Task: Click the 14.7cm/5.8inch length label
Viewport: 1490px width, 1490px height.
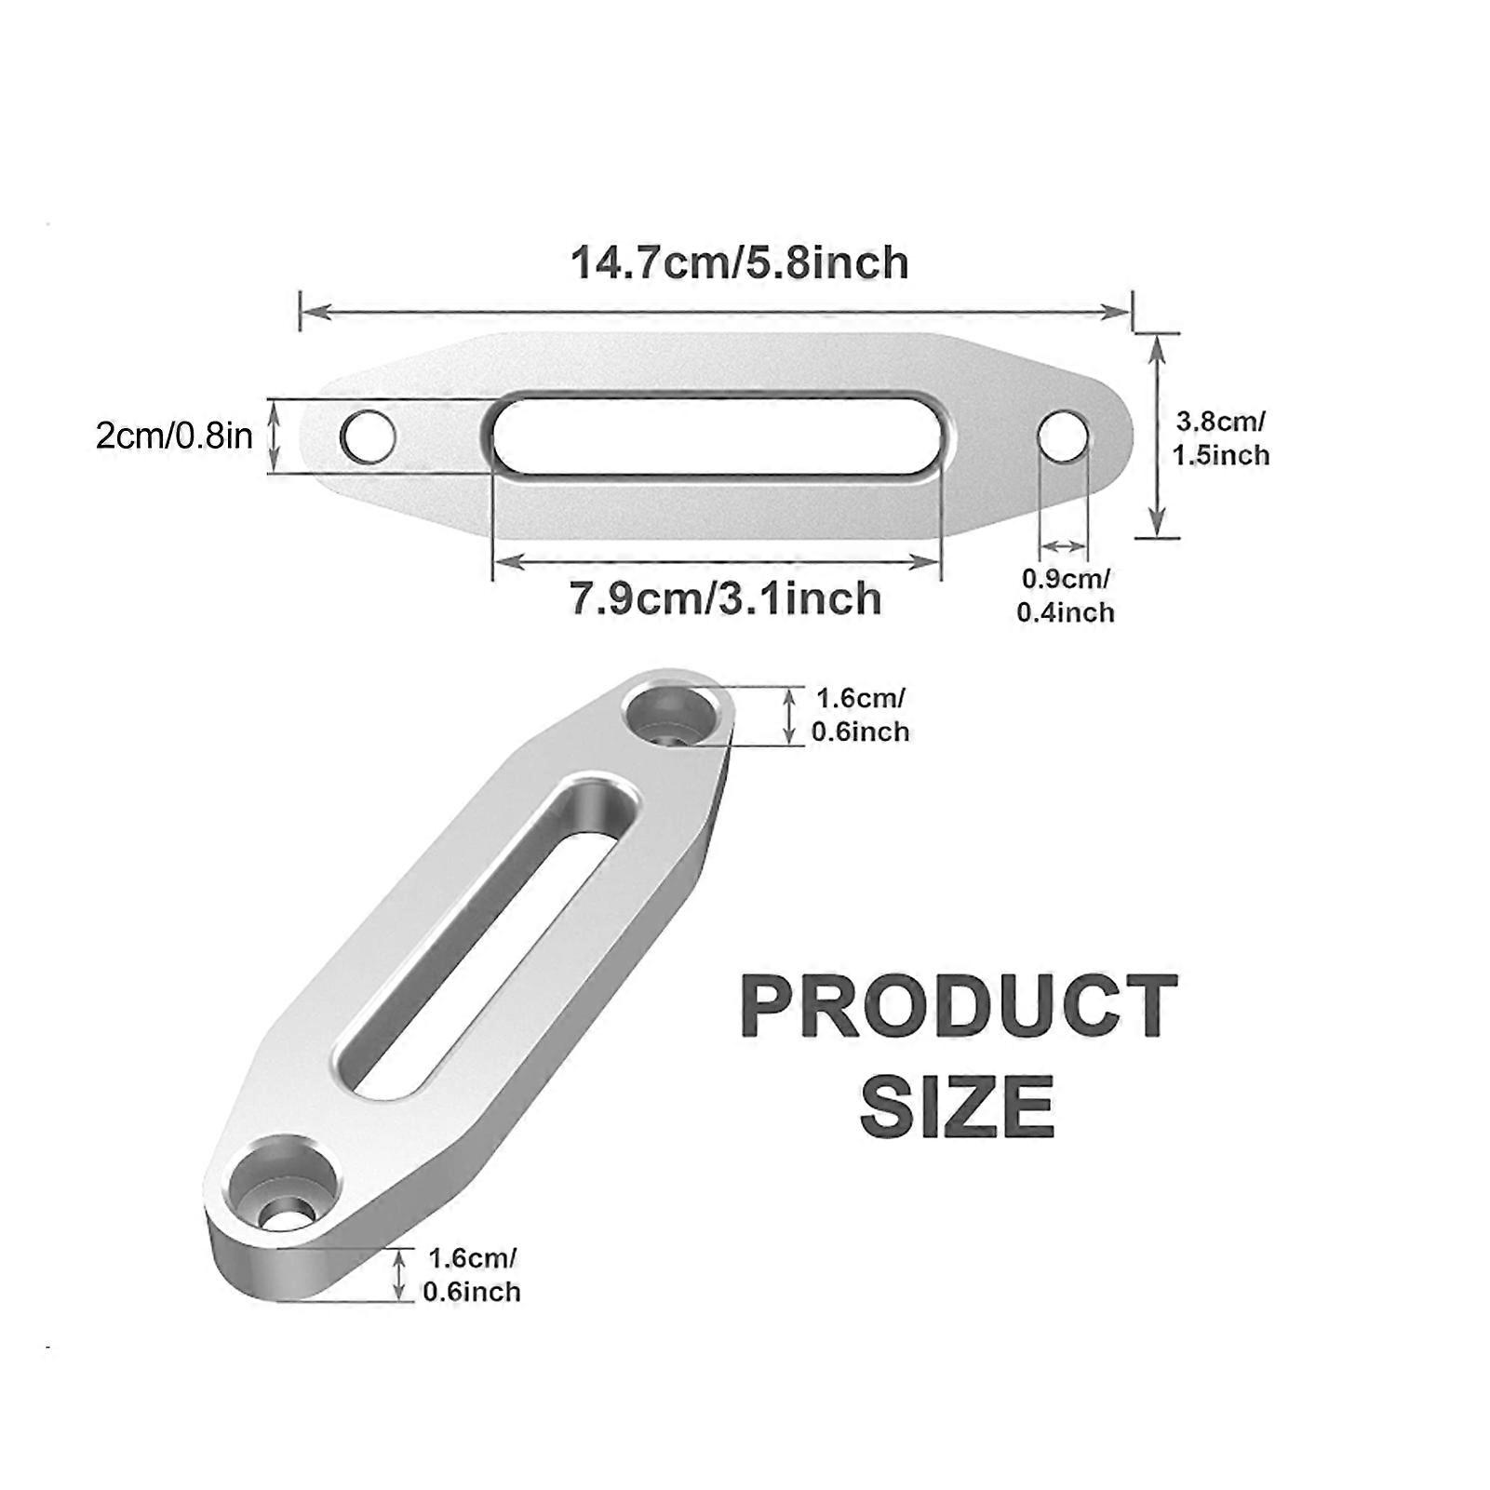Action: (x=739, y=262)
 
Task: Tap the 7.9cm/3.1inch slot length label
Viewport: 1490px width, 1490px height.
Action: (x=725, y=597)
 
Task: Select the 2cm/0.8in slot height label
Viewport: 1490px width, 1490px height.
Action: (x=174, y=436)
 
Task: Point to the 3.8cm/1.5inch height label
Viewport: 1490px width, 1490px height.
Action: (x=1221, y=438)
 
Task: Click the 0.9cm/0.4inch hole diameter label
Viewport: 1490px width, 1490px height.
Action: (x=1066, y=596)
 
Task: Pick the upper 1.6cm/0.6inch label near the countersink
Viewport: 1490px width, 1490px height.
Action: (x=860, y=715)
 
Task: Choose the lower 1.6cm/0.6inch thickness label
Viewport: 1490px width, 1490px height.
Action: (x=471, y=1275)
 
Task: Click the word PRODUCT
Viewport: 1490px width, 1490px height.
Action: (x=960, y=1008)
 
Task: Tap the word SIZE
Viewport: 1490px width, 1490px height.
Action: (x=958, y=1106)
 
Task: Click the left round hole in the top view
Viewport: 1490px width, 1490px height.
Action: (x=368, y=436)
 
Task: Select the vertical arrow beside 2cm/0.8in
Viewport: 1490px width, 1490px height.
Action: (x=273, y=436)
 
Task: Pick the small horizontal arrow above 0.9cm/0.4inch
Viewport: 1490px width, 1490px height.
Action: (x=1064, y=546)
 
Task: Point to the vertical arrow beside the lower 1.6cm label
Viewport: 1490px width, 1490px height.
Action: (x=400, y=1275)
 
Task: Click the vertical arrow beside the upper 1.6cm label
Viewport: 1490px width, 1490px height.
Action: (x=790, y=715)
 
